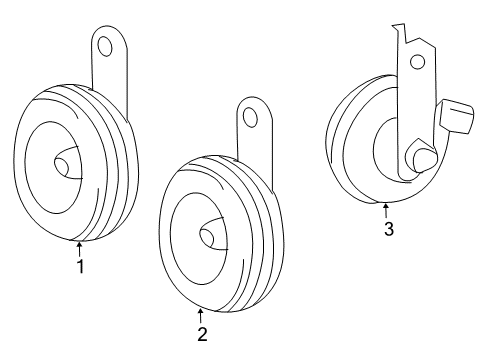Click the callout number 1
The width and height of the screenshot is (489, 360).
[x=80, y=266]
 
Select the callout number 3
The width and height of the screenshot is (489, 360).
[x=388, y=229]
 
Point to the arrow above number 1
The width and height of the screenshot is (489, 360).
[x=80, y=248]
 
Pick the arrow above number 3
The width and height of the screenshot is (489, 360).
[x=386, y=210]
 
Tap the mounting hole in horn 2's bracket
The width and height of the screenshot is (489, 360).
[x=250, y=118]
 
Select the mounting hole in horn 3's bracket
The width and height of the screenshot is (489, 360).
[x=416, y=62]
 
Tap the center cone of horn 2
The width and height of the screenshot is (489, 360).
[x=211, y=236]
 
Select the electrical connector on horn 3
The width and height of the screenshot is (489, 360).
[x=456, y=115]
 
